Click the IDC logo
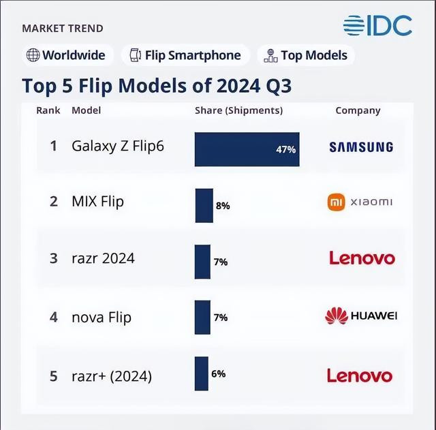click(x=377, y=25)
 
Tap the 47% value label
click(x=286, y=149)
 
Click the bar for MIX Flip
click(x=204, y=205)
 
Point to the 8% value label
click(x=223, y=205)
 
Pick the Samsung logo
click(x=361, y=147)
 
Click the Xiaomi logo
click(x=360, y=202)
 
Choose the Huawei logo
click(x=360, y=316)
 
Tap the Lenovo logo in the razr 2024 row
click(x=362, y=258)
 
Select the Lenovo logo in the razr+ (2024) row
click(x=360, y=375)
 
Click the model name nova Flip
click(x=102, y=317)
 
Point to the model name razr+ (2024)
click(x=112, y=375)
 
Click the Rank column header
click(x=48, y=110)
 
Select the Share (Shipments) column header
click(x=238, y=110)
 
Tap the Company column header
click(x=358, y=110)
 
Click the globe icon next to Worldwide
click(x=33, y=55)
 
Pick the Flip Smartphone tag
click(x=185, y=55)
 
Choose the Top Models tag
click(x=306, y=55)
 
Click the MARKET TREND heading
click(x=63, y=29)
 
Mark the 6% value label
click(x=218, y=373)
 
